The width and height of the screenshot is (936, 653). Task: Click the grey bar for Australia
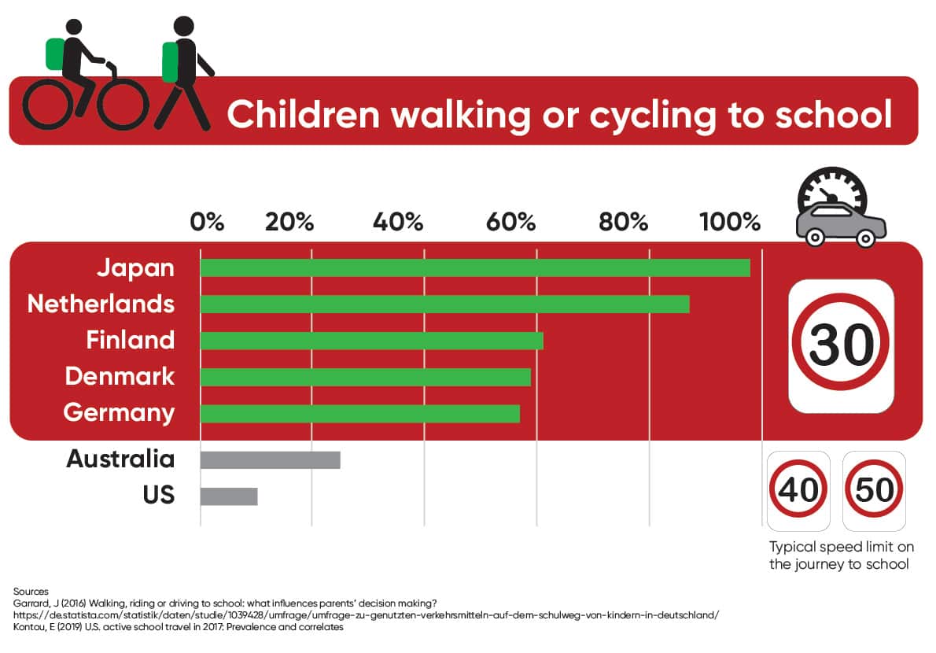(x=270, y=459)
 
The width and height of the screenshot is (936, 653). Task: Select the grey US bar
(x=229, y=496)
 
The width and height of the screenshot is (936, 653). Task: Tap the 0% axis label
(x=207, y=222)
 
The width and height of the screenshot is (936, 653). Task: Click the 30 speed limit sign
(x=841, y=345)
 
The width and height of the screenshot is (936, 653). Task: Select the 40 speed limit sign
(x=798, y=490)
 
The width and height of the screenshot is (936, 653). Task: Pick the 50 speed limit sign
(x=874, y=490)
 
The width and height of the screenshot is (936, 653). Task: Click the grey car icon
(x=841, y=223)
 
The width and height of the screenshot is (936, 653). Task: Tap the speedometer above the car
(x=831, y=188)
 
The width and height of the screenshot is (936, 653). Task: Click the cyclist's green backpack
(x=55, y=53)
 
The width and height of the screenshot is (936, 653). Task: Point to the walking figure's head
(x=184, y=27)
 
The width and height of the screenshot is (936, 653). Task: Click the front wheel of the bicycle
(x=122, y=103)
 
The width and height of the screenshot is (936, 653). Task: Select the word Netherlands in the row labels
(x=101, y=304)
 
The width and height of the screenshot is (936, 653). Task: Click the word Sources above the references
(x=31, y=591)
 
